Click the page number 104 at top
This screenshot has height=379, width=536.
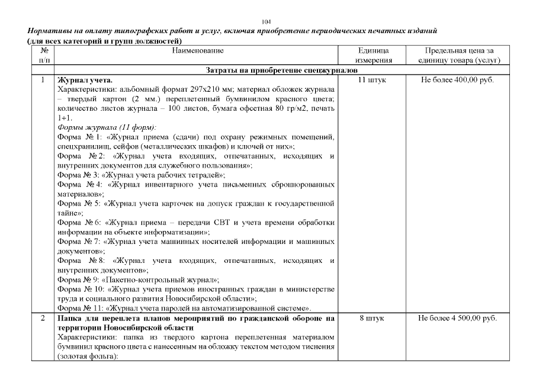pyautogui.click(x=268, y=21)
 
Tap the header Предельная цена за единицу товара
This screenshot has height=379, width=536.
pyautogui.click(x=459, y=56)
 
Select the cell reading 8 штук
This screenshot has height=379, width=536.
pyautogui.click(x=373, y=319)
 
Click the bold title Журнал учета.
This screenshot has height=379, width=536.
pyautogui.click(x=84, y=80)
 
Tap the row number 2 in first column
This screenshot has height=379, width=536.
pyautogui.click(x=43, y=319)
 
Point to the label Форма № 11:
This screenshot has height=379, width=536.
pyautogui.click(x=80, y=308)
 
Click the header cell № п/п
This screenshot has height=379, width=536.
pyautogui.click(x=43, y=56)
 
